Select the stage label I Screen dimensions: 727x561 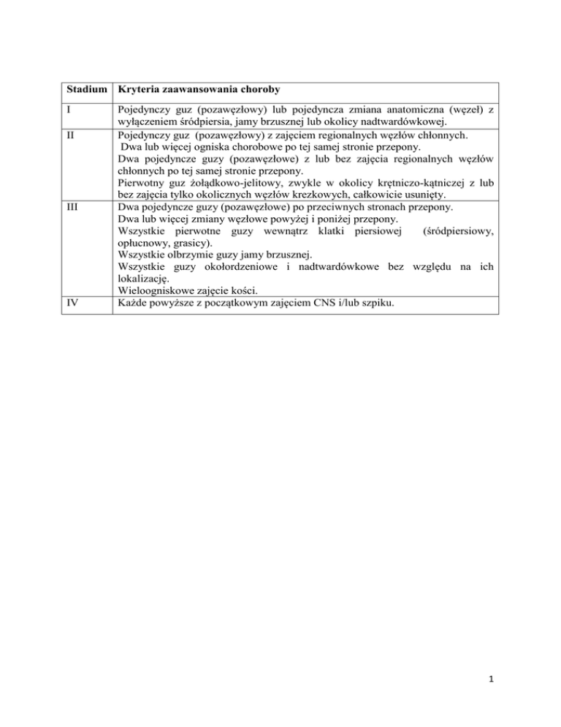pyautogui.click(x=66, y=110)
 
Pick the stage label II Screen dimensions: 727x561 pyautogui.click(x=69, y=135)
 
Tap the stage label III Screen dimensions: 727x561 pyautogui.click(x=71, y=207)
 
